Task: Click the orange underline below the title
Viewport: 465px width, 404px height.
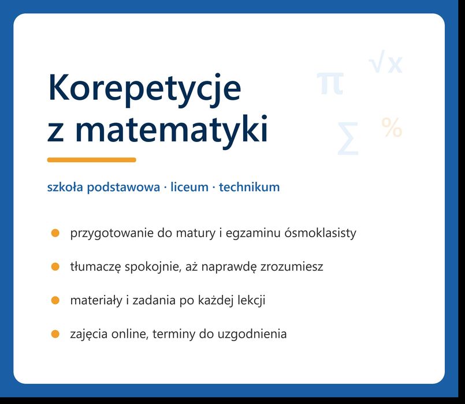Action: click(x=92, y=160)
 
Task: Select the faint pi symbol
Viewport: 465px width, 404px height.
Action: click(x=330, y=83)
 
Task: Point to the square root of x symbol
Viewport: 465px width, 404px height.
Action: click(x=385, y=62)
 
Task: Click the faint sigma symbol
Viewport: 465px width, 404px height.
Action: click(x=348, y=139)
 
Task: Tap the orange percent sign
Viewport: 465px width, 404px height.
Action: click(x=392, y=128)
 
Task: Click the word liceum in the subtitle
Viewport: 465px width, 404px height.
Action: click(x=189, y=188)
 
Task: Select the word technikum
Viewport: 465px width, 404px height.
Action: click(x=249, y=188)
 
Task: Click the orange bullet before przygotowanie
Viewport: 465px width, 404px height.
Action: click(x=55, y=233)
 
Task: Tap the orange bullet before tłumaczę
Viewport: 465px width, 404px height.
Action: click(x=55, y=267)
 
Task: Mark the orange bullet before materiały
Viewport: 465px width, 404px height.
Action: click(x=55, y=301)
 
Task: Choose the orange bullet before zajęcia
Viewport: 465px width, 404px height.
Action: click(x=55, y=334)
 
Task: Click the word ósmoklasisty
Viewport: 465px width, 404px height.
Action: click(x=320, y=233)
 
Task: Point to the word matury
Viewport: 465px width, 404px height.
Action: click(x=196, y=234)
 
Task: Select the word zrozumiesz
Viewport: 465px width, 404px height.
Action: click(x=292, y=267)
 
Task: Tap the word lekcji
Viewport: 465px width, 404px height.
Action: click(x=251, y=301)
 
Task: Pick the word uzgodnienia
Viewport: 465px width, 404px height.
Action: click(x=252, y=335)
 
